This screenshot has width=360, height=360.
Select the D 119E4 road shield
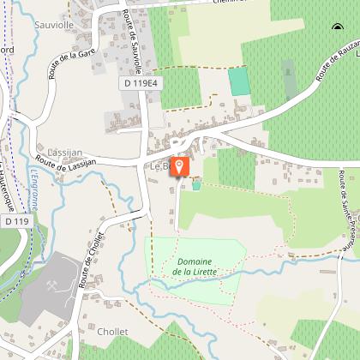(x=140, y=83)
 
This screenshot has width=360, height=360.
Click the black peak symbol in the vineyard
(x=336, y=28)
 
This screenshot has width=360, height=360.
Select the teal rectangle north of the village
(x=239, y=81)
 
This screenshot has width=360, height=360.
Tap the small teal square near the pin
(x=196, y=185)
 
